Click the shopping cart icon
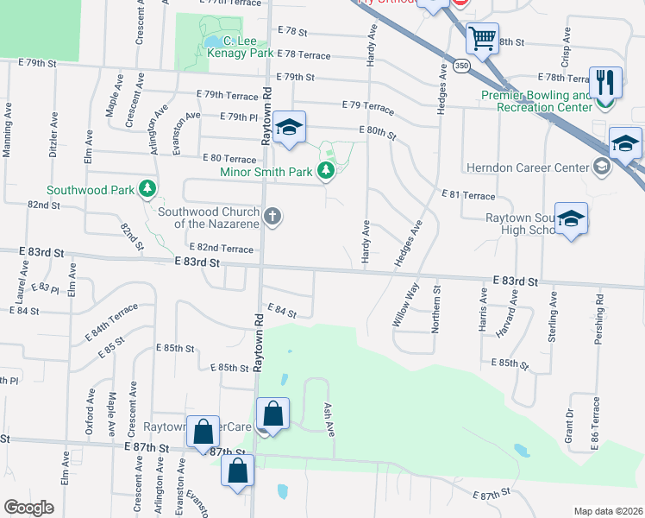(482, 37)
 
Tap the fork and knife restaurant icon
(605, 82)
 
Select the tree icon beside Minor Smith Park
(325, 172)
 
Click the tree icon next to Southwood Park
(148, 188)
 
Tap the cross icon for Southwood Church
(272, 216)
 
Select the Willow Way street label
(404, 304)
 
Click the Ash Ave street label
(329, 420)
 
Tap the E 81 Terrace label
(467, 196)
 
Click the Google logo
(28, 508)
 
